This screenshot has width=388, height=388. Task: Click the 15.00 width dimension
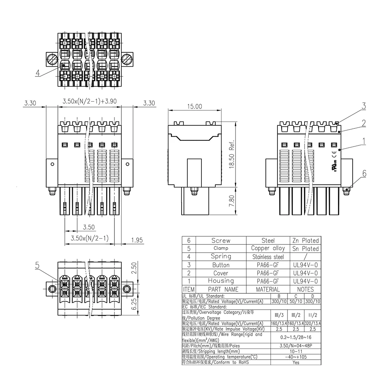(x=194, y=106)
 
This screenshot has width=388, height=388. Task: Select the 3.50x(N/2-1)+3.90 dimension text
(x=90, y=102)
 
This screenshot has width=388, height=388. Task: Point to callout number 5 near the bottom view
(x=37, y=265)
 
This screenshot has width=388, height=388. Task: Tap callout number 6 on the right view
(x=364, y=174)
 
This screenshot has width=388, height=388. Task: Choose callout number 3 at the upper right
(x=364, y=106)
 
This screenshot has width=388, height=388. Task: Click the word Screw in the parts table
(x=221, y=241)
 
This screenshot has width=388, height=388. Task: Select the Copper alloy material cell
(x=268, y=248)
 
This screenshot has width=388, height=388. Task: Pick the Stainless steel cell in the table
(x=268, y=257)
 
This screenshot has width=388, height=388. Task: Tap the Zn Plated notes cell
(x=305, y=241)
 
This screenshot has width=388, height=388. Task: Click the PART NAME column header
(x=221, y=289)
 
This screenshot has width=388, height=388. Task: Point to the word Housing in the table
(x=221, y=281)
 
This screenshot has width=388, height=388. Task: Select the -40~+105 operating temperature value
(x=296, y=357)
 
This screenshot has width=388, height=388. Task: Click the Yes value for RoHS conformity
(x=296, y=362)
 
